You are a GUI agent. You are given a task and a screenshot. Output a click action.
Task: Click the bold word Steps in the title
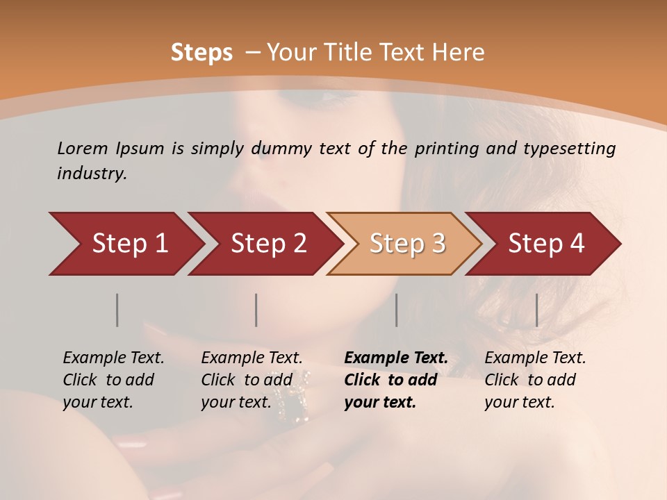click(201, 53)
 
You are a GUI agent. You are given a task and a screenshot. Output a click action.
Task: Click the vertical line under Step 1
click(117, 310)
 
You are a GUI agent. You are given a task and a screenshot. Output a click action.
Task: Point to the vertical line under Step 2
click(256, 310)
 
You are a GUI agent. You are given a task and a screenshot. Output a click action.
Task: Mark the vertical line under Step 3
click(397, 310)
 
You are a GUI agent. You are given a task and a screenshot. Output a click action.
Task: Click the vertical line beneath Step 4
click(537, 310)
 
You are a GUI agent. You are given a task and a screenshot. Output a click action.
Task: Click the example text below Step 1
click(113, 380)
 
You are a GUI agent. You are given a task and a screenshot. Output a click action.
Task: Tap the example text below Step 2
click(252, 380)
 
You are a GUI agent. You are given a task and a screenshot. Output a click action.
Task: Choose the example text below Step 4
click(535, 380)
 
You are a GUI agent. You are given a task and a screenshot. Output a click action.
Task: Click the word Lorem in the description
click(83, 149)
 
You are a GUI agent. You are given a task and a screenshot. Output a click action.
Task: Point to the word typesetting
click(570, 149)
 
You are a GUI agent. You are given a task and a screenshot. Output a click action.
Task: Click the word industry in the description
click(92, 174)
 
